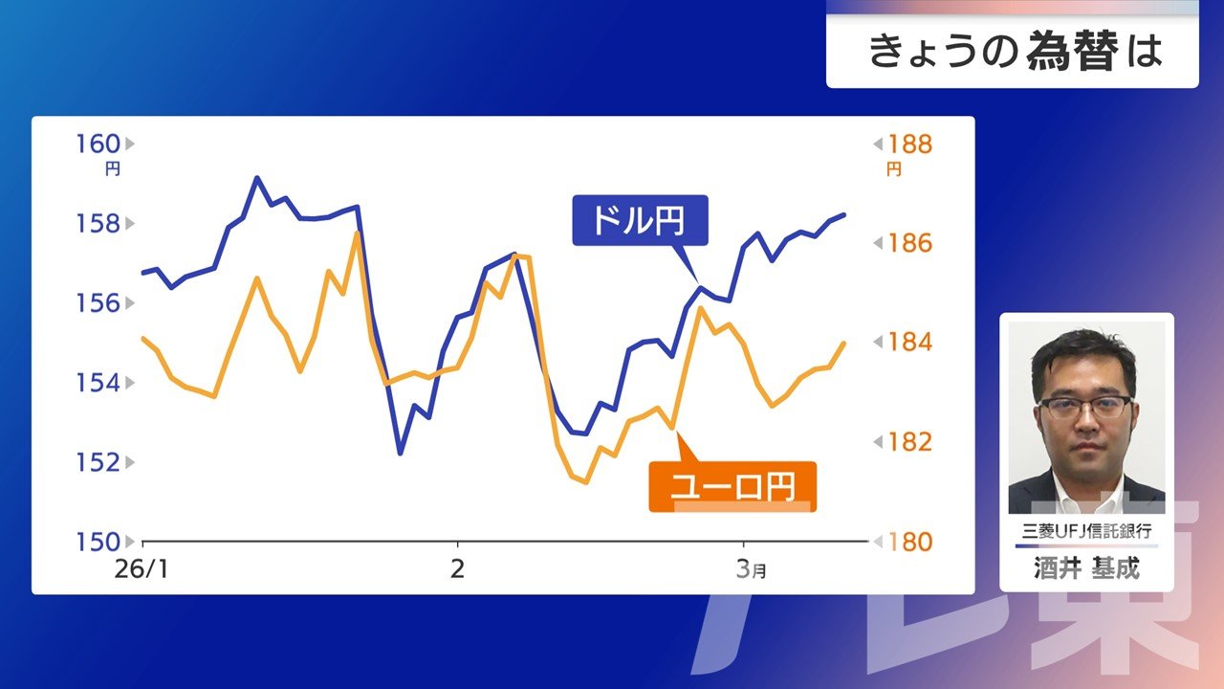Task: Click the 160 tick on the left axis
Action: [98, 144]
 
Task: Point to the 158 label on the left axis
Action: [98, 224]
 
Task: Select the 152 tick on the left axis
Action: [98, 462]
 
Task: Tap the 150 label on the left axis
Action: [98, 542]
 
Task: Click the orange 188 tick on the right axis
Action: [910, 144]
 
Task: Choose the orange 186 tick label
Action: [910, 243]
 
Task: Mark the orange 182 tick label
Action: [910, 442]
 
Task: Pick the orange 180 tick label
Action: [910, 542]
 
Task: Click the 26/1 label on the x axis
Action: [142, 569]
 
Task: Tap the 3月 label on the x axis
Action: [751, 569]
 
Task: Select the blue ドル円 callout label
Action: [640, 220]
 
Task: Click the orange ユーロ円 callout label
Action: [732, 487]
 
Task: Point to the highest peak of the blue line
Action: [257, 177]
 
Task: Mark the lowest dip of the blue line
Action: [401, 454]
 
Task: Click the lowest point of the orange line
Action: [586, 483]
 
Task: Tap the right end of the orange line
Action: [844, 343]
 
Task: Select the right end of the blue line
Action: [844, 215]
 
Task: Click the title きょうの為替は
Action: [1016, 52]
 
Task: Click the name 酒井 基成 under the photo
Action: [1086, 568]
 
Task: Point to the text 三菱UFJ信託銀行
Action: [1086, 531]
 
